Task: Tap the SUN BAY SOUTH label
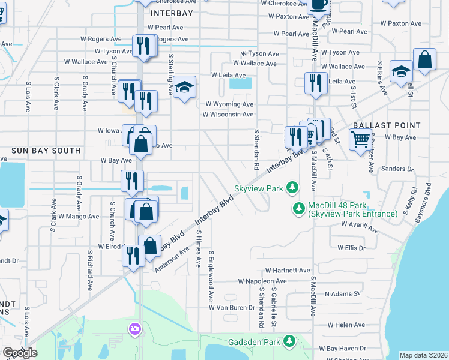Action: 46,150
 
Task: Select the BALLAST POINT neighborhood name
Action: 387,125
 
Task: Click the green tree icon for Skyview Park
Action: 292,188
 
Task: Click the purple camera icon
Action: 134,328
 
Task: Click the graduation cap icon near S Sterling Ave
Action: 185,88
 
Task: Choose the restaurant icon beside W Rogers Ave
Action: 143,46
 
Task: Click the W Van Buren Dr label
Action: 232,307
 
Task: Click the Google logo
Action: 20,353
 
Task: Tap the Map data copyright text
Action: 423,355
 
